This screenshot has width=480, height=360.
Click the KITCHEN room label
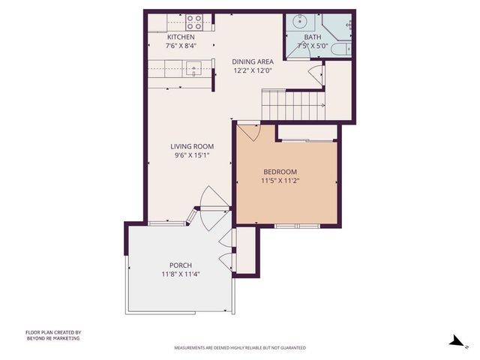coord(181,37)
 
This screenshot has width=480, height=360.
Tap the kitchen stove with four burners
coord(194,20)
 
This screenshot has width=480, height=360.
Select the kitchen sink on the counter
coord(194,70)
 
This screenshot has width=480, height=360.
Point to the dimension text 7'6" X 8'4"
coord(181,46)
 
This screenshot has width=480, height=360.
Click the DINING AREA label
coord(252,62)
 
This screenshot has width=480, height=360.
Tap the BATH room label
coord(313,37)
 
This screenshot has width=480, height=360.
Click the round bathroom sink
coord(299,20)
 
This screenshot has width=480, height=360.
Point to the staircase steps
coord(292,104)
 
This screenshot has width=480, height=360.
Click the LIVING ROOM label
coord(192,146)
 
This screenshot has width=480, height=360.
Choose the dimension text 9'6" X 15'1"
coord(192,156)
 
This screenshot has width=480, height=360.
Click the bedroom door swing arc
coord(249,133)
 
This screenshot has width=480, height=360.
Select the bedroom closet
coord(307,132)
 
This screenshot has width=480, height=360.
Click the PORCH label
coord(180,265)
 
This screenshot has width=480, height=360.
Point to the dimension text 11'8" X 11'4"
coord(180,274)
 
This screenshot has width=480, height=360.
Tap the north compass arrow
coord(455,340)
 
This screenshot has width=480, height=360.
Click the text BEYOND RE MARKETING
coord(52,338)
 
